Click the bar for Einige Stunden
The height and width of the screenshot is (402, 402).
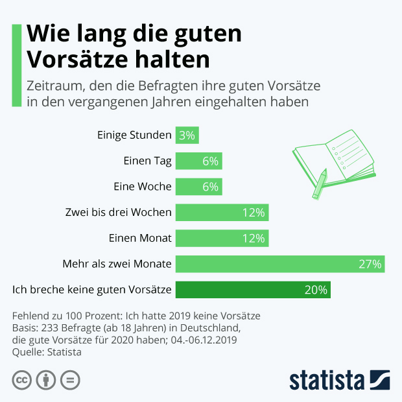[187, 135]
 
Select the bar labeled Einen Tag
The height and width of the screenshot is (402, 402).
[198, 161]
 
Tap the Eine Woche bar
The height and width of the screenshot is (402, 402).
[198, 187]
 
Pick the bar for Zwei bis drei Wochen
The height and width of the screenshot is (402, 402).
[222, 212]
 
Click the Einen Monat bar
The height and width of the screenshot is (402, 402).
[222, 238]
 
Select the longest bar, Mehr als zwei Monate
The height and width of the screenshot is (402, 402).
[280, 264]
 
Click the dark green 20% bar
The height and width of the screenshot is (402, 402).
[253, 290]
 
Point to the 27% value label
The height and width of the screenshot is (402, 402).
[370, 264]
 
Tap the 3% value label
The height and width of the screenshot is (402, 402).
[187, 135]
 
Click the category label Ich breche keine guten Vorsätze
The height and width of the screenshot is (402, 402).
[92, 290]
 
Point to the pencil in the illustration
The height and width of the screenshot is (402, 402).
[320, 184]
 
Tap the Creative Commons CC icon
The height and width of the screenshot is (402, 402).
[22, 380]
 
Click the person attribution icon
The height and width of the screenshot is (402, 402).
[45, 380]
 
